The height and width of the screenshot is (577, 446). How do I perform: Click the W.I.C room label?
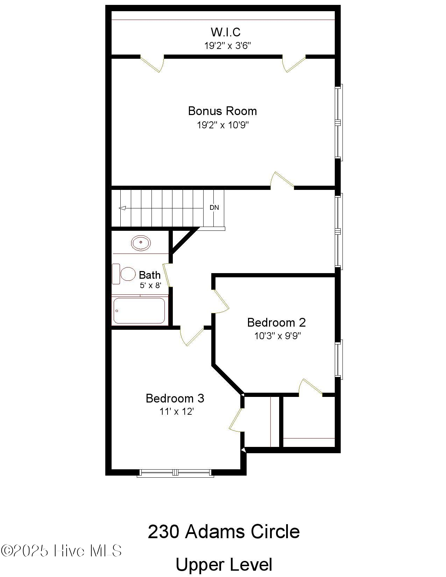pyautogui.click(x=226, y=32)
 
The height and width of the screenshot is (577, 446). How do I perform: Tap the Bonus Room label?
pyautogui.click(x=222, y=111)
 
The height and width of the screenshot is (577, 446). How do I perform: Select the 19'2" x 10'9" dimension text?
pyautogui.click(x=223, y=125)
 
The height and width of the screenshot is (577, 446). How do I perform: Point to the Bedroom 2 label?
pyautogui.click(x=276, y=322)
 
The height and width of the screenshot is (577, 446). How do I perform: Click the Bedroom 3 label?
pyautogui.click(x=175, y=398)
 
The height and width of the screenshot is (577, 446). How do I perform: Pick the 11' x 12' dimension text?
pyautogui.click(x=177, y=412)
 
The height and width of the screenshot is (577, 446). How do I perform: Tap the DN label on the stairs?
pyautogui.click(x=214, y=208)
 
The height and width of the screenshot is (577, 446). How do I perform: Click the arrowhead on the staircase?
pyautogui.click(x=122, y=208)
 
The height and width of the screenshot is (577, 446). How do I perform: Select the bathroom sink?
pyautogui.click(x=141, y=242)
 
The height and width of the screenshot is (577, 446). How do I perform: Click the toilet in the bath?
pyautogui.click(x=124, y=274)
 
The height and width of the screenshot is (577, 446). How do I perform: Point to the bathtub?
pyautogui.click(x=139, y=311)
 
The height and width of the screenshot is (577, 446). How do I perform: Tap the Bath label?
pyautogui.click(x=150, y=275)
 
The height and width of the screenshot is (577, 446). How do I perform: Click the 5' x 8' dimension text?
pyautogui.click(x=150, y=285)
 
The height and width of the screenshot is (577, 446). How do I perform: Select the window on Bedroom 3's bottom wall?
pyautogui.click(x=175, y=473)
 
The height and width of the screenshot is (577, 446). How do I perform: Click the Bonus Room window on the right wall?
pyautogui.click(x=338, y=122)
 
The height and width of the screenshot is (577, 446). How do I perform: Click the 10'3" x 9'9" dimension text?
pyautogui.click(x=277, y=336)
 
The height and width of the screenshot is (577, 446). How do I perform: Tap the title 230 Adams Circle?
pyautogui.click(x=224, y=532)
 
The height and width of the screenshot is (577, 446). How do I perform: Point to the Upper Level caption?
pyautogui.click(x=224, y=564)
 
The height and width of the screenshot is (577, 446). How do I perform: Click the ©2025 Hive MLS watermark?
pyautogui.click(x=61, y=551)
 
